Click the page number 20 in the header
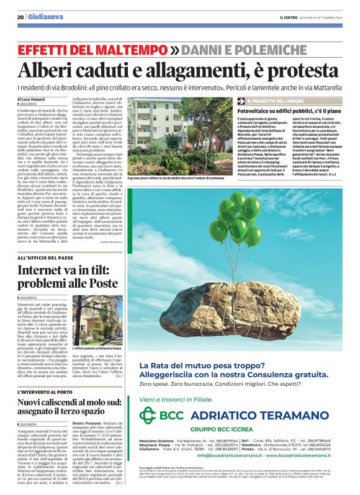(20, 18)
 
